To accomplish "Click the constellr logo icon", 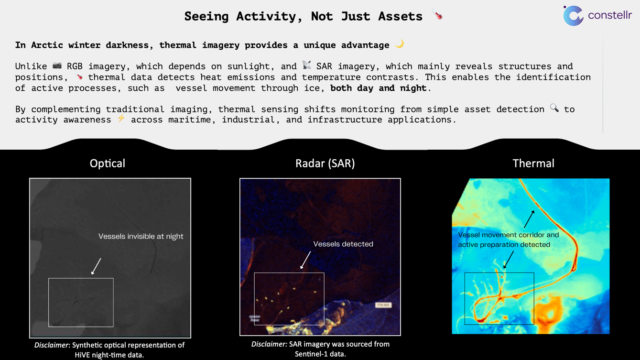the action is [573, 16].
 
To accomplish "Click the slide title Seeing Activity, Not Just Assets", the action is [304, 16].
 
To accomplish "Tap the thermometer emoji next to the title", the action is [437, 14].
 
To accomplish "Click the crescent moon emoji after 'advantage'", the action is [400, 44].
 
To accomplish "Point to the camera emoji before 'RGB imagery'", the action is [57, 65].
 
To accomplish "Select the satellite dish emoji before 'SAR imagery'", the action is [307, 65].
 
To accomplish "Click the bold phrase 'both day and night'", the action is [378, 88].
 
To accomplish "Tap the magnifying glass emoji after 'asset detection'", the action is [554, 108].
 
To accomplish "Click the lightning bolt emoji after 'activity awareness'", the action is [121, 118].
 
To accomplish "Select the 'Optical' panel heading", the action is [108, 164].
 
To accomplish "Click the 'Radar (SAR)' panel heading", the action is [325, 164].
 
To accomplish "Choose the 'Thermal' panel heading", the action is [533, 164].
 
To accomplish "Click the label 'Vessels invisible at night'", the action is [141, 236].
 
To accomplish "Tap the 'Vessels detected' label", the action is [343, 244].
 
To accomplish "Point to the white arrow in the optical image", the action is [96, 266].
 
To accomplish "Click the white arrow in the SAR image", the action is [305, 260].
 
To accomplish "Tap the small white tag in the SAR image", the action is [383, 305].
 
